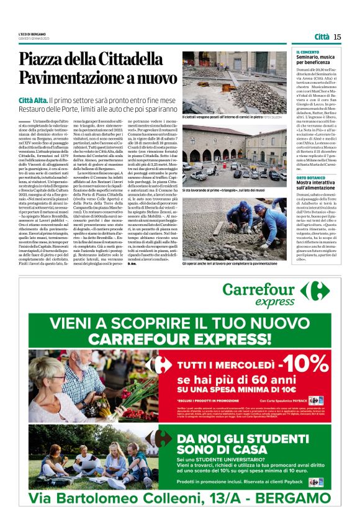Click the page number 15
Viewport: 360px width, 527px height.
coord(337,37)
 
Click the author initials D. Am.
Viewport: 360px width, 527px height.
coord(187,264)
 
